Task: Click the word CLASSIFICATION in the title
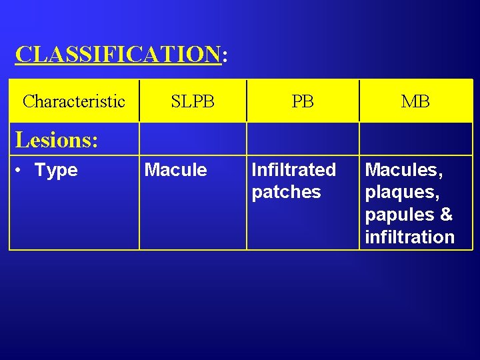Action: point(117,54)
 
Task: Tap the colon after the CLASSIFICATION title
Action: point(224,56)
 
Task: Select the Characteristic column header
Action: point(74,101)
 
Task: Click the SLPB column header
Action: point(193,101)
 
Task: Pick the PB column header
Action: point(303,101)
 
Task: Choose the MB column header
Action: point(415,101)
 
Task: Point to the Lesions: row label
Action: point(57,140)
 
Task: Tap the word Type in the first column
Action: point(56,171)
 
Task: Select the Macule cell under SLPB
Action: point(176,170)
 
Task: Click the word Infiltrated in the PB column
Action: point(293,170)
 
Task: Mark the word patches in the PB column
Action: point(286,192)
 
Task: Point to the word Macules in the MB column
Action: point(403,170)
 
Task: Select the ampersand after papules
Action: point(447,215)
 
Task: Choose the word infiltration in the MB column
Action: point(409,237)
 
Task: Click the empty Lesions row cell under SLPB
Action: point(193,139)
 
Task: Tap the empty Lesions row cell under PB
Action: point(303,139)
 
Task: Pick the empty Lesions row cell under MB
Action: point(415,139)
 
